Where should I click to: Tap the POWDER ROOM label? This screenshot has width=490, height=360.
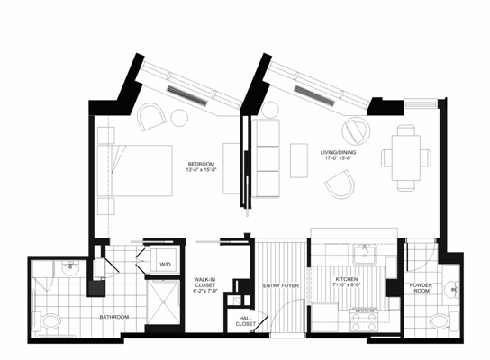point(421,290)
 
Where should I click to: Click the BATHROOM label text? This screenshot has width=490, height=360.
point(113,317)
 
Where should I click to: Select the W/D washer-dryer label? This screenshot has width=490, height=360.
point(166,265)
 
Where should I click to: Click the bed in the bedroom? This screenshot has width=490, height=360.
point(134,167)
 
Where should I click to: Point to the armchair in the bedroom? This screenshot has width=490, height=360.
point(151,117)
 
